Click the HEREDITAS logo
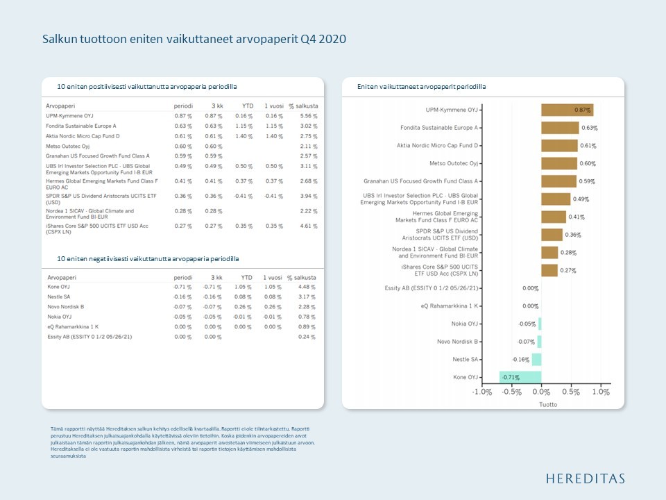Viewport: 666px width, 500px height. click(585, 478)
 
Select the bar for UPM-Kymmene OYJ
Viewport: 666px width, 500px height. click(567, 110)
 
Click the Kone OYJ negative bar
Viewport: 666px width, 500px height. click(520, 377)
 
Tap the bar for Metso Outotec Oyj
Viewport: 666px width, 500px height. click(559, 163)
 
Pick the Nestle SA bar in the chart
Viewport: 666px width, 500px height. click(536, 359)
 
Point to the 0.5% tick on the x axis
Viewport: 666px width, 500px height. click(570, 392)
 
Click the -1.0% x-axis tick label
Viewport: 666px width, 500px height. click(482, 392)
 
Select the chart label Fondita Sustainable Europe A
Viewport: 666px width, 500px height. click(439, 128)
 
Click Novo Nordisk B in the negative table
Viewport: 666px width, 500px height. click(66, 306)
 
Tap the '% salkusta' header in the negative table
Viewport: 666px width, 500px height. click(302, 278)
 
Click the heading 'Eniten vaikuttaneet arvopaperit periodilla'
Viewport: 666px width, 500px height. click(421, 87)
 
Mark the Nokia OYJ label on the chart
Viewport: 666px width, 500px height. click(464, 324)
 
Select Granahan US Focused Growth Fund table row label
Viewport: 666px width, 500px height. click(93, 156)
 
